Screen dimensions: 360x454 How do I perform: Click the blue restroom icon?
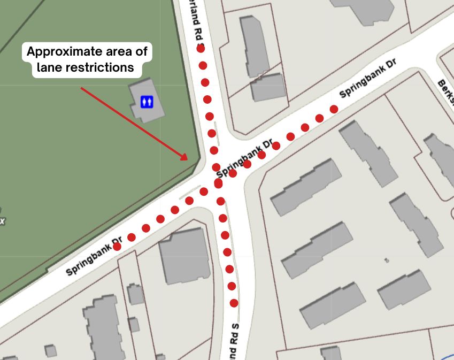147,101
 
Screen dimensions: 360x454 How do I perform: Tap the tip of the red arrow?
187,159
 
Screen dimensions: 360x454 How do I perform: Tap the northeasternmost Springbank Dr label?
368,79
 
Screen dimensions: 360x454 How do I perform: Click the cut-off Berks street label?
446,91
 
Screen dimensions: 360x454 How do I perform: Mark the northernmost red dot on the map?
201,48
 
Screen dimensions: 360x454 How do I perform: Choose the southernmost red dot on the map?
234,303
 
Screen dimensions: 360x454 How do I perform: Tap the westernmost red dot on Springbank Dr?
117,247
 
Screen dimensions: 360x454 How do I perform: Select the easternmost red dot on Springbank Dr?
334,109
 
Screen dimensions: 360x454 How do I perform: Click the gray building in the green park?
146,99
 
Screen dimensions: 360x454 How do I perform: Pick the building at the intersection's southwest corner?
183,256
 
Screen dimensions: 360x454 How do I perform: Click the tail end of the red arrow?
81,88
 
